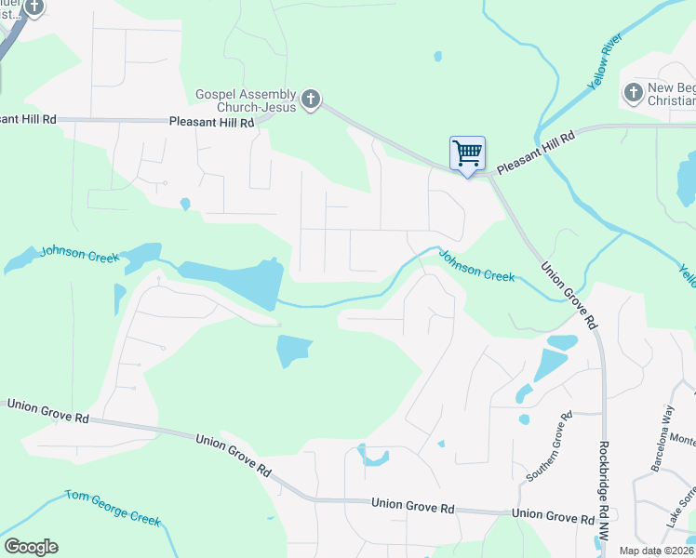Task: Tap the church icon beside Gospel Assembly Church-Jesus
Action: pos(311,99)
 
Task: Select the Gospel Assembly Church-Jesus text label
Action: pos(245,100)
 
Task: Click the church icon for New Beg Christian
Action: pos(633,91)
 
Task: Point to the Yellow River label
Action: pos(604,71)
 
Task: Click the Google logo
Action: pos(31,547)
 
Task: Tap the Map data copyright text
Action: pos(657,551)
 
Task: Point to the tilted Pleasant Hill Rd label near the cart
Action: pos(536,153)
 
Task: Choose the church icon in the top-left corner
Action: pos(34,8)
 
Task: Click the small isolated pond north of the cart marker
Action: pos(437,56)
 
